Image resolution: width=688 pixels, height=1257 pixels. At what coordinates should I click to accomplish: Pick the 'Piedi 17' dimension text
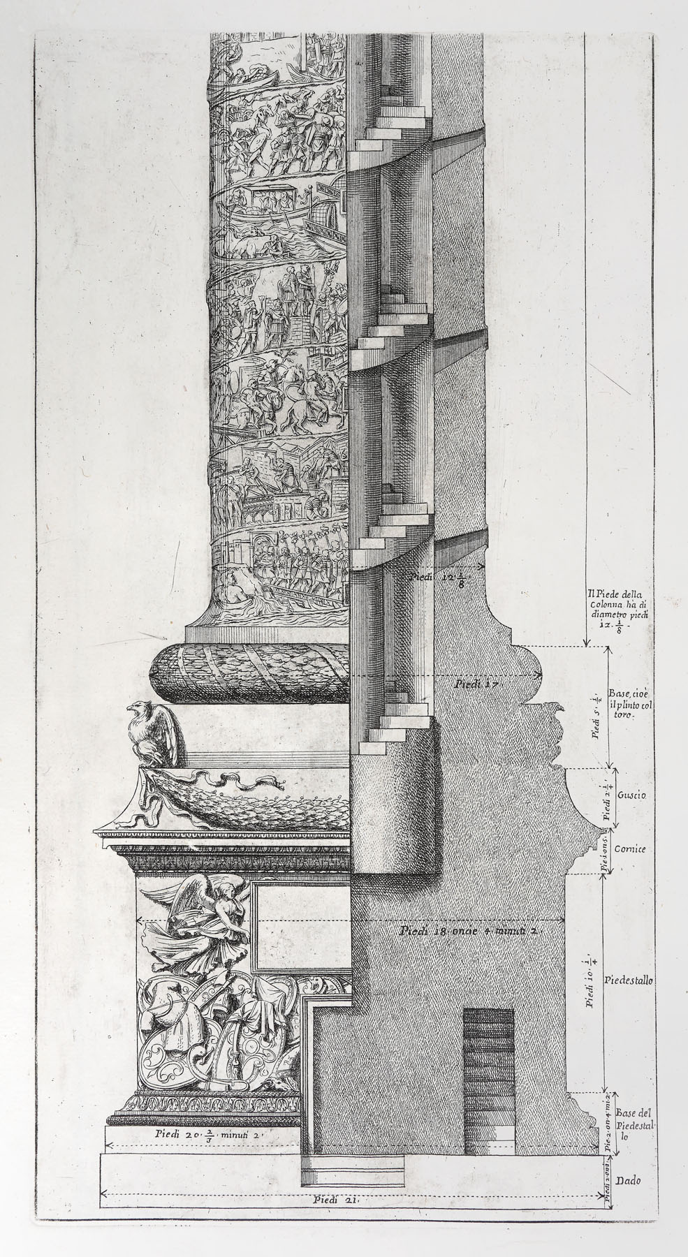point(475,685)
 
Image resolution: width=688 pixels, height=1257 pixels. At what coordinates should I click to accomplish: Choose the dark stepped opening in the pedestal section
point(489,1068)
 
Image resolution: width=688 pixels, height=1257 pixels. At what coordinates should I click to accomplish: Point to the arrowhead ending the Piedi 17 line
point(539,675)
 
